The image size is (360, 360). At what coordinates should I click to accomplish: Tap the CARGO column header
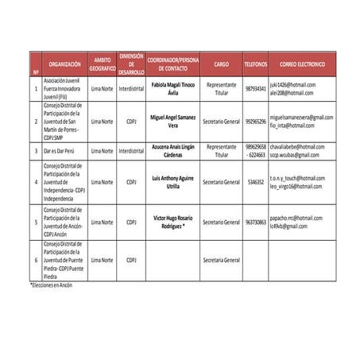point(221,64)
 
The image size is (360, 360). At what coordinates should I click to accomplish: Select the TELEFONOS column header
point(255,64)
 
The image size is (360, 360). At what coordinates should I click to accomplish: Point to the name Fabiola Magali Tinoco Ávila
point(173,87)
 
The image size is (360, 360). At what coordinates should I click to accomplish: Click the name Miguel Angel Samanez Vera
point(173,121)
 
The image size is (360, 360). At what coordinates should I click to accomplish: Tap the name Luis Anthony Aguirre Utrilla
point(173,182)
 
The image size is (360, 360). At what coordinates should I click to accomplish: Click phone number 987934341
point(255,88)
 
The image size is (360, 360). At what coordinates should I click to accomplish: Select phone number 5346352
point(255,182)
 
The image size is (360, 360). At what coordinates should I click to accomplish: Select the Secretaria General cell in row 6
point(221,260)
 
